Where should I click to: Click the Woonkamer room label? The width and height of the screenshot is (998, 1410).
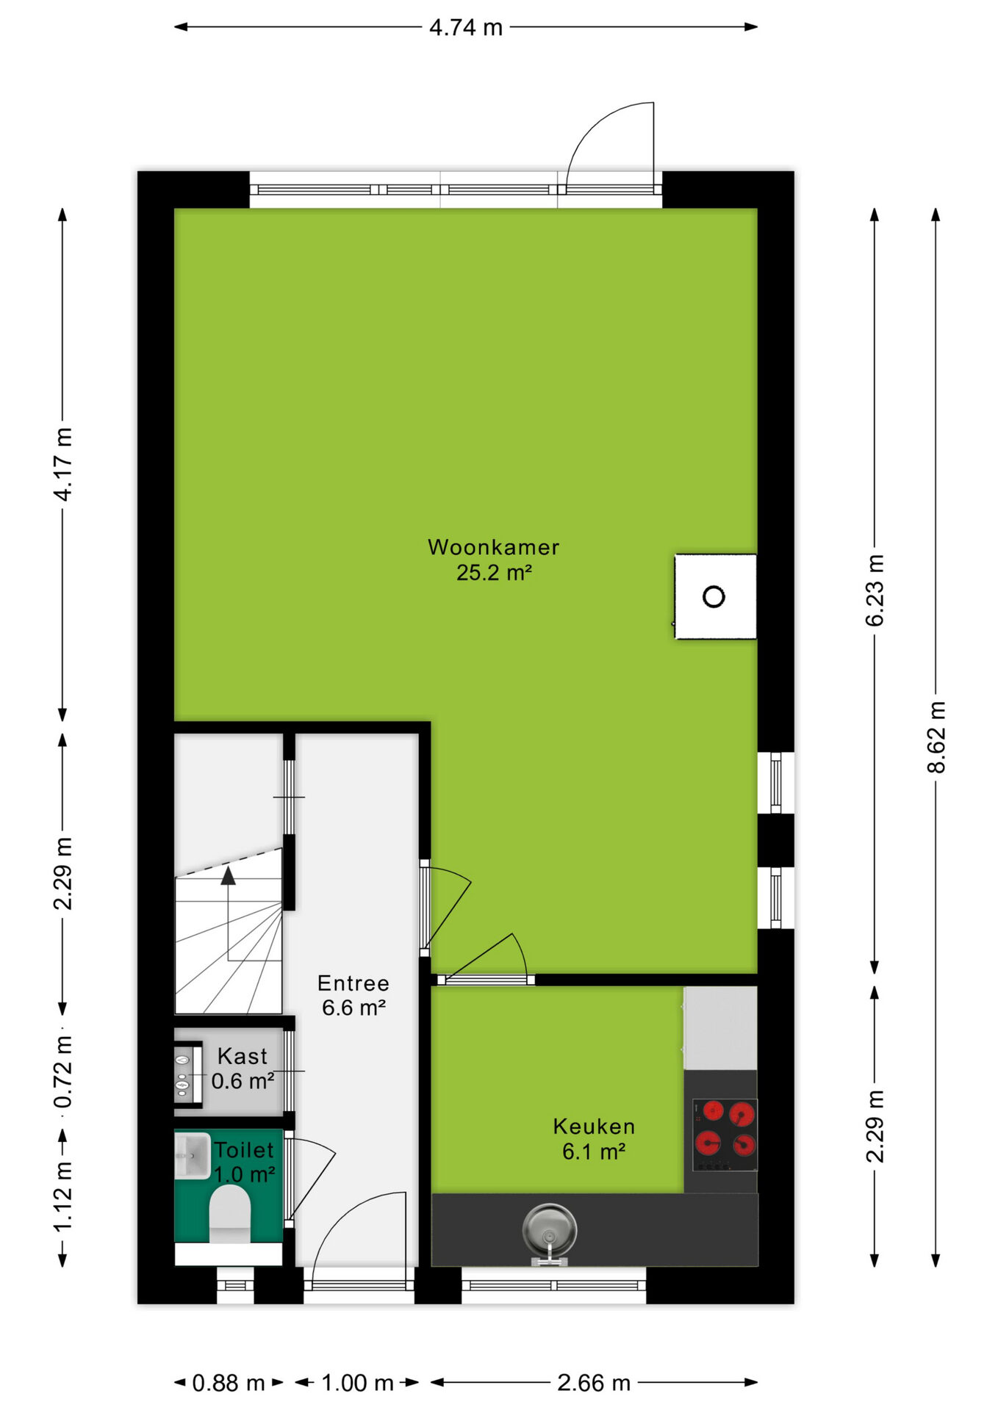[x=493, y=560]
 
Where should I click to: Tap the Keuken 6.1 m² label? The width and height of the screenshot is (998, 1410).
[x=594, y=1139]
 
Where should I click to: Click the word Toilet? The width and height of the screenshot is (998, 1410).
[x=243, y=1150]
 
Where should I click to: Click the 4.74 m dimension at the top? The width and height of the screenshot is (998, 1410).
[x=466, y=28]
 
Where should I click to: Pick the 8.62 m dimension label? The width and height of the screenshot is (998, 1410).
[x=936, y=737]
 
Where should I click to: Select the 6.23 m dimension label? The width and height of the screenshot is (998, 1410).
[x=875, y=590]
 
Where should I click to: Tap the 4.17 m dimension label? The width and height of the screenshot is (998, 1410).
[x=63, y=464]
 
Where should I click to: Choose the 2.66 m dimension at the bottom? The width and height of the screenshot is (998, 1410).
[x=594, y=1383]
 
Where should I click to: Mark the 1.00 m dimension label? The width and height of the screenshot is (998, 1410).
[x=357, y=1383]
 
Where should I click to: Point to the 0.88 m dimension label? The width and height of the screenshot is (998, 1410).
[x=229, y=1383]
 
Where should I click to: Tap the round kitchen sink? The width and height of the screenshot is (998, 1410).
[x=549, y=1231]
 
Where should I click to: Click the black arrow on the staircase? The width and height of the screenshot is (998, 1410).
[x=229, y=875]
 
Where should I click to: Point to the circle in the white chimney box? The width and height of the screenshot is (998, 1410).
[x=714, y=596]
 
